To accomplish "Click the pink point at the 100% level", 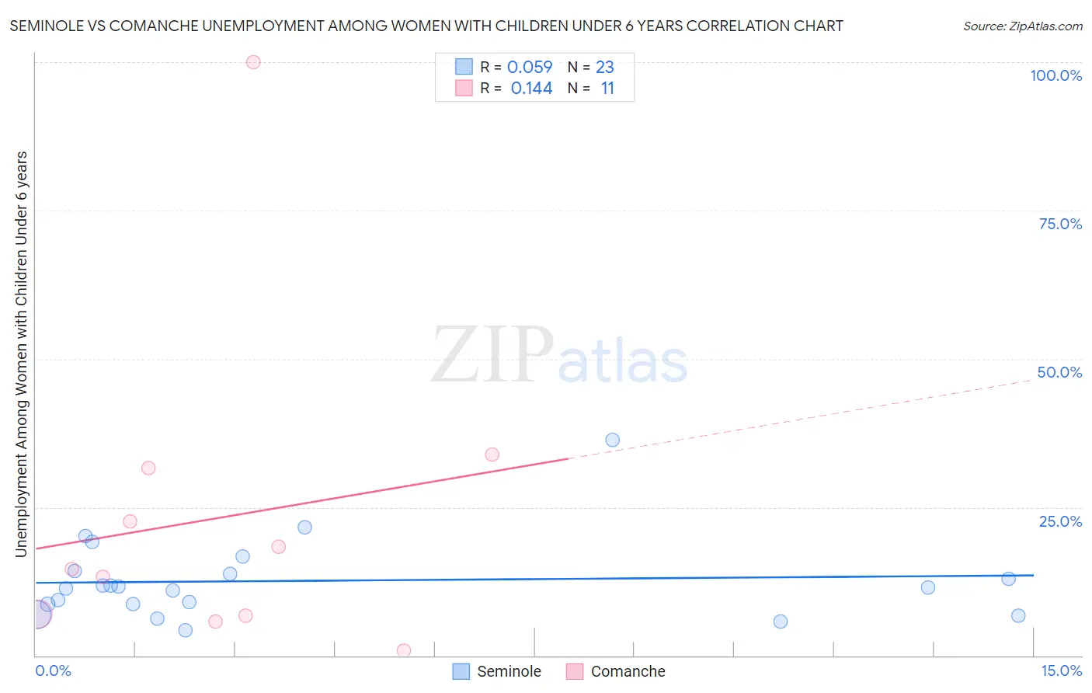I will (x=253, y=62).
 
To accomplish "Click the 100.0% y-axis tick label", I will (x=1055, y=75).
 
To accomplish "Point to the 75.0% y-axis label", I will (x=1060, y=224).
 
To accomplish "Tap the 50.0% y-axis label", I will (x=1059, y=372).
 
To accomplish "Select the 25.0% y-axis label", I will (x=1060, y=521).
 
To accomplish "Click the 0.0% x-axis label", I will (x=53, y=670).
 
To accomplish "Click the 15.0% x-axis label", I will (x=1061, y=670).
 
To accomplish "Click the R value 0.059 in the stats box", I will (x=530, y=68).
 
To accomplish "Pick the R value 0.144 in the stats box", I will (x=531, y=89).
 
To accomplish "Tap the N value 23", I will (x=605, y=68).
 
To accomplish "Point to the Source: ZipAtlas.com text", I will (x=1022, y=26).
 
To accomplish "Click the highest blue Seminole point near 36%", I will (x=613, y=441).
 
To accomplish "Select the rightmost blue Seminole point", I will (x=1018, y=616).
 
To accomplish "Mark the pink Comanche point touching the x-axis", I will (x=404, y=650).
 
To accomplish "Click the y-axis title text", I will (x=22, y=353).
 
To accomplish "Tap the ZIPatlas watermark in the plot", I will (x=559, y=356).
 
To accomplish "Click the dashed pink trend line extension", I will (x=800, y=420).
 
